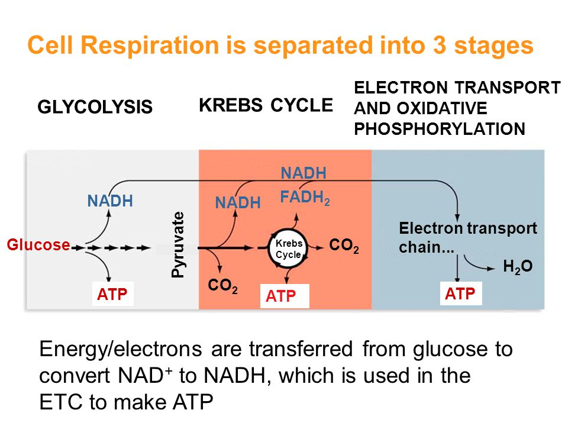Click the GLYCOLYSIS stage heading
95,107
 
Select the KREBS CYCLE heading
266,105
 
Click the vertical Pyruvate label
177,244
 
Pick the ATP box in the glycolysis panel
113,294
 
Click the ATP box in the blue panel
460,293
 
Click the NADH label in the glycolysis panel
109,201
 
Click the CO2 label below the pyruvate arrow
222,287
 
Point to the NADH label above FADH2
304,173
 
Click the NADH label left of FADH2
238,204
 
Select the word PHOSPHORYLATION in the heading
439,129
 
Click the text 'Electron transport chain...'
467,237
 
